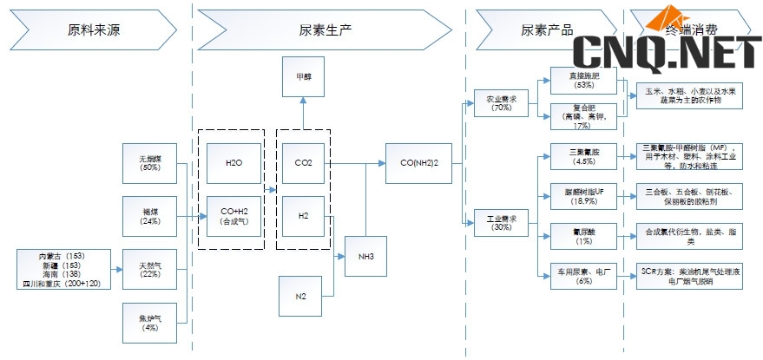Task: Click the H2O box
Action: point(234,163)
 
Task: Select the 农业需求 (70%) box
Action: point(501,103)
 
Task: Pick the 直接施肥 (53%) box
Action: point(583,81)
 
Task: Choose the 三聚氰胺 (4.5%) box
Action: point(583,155)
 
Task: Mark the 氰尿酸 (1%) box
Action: point(583,236)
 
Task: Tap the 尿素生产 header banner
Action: point(331,29)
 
